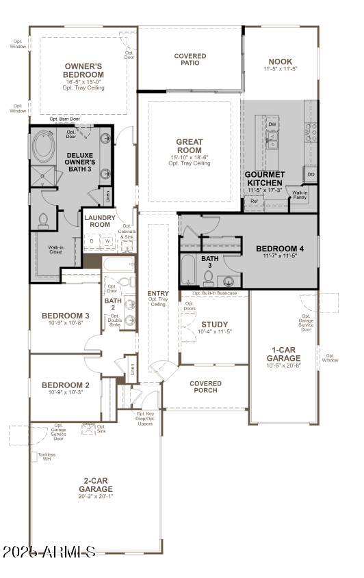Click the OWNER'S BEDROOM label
[x=83, y=70]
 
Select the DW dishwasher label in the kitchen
[x=272, y=124]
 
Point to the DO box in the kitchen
[x=311, y=176]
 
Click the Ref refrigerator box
[x=254, y=202]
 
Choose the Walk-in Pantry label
[x=300, y=195]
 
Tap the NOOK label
[x=280, y=62]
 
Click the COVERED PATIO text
[x=190, y=60]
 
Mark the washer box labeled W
[x=107, y=241]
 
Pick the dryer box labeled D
[x=92, y=241]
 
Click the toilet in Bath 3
[x=208, y=277]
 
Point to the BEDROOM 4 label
[x=280, y=248]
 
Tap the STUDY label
[x=214, y=325]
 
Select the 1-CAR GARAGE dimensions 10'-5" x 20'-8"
[x=283, y=366]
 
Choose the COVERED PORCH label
[x=205, y=387]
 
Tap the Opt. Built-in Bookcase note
[x=215, y=293]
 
